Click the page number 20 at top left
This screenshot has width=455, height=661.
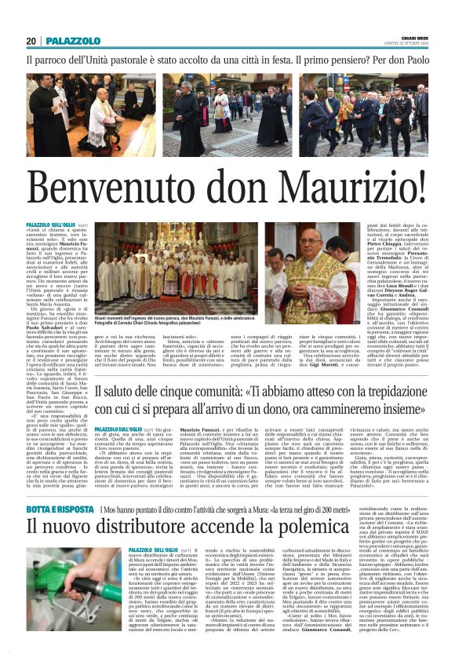(31, 41)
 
